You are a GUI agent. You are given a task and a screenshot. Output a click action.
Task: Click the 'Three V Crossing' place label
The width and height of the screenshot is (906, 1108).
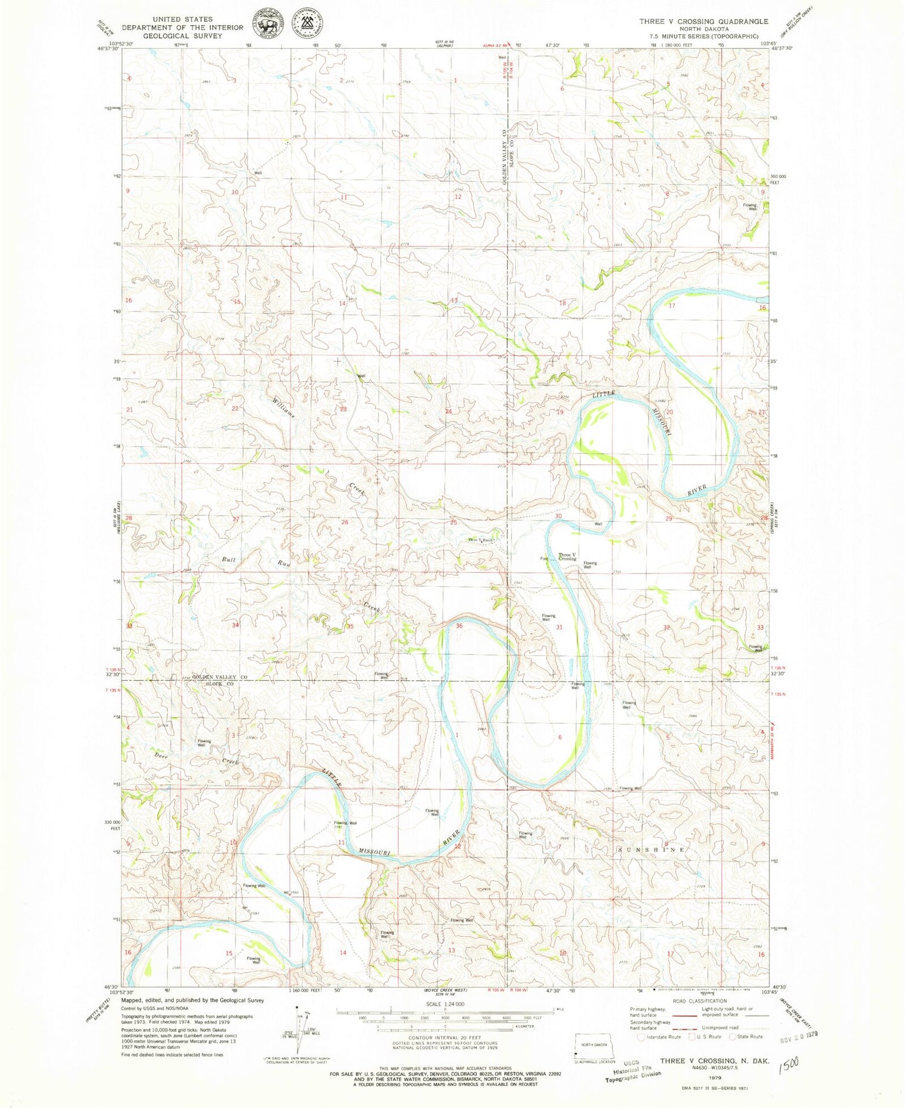567,556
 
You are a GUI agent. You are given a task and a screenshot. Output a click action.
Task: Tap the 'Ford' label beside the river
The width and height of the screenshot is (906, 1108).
544,559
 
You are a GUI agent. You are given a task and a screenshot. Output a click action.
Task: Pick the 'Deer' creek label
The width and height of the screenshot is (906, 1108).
160,755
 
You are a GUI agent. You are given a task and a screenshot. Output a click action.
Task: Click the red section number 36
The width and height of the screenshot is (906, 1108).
459,626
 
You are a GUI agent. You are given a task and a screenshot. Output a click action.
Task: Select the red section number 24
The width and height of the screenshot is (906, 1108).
448,411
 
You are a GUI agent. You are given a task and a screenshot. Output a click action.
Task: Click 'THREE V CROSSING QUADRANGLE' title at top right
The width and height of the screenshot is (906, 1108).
704,21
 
